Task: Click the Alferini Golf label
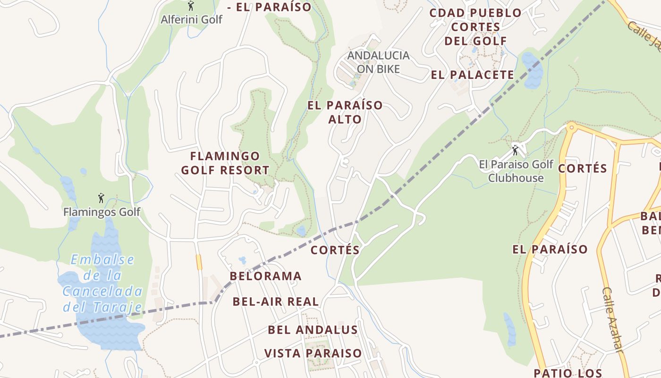coord(191,19)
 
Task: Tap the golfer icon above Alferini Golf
coord(191,6)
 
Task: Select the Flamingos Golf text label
coord(102,212)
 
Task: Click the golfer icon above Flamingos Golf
coord(101,198)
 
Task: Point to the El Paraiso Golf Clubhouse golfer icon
coord(515,151)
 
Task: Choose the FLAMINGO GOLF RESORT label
coord(225,163)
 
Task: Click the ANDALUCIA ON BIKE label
coord(378,62)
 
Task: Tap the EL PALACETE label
coord(472,75)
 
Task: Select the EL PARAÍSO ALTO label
coord(345,112)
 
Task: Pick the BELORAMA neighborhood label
coord(265,276)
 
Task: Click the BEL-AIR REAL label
coord(276,301)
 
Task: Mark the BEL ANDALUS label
coord(313,330)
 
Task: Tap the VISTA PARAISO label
coord(313,353)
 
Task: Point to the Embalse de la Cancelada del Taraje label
coord(102,283)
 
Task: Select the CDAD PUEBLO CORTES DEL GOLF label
coord(475,27)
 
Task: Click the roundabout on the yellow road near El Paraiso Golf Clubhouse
coord(572,127)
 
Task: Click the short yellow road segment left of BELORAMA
coord(199,262)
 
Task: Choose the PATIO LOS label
coord(568,373)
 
